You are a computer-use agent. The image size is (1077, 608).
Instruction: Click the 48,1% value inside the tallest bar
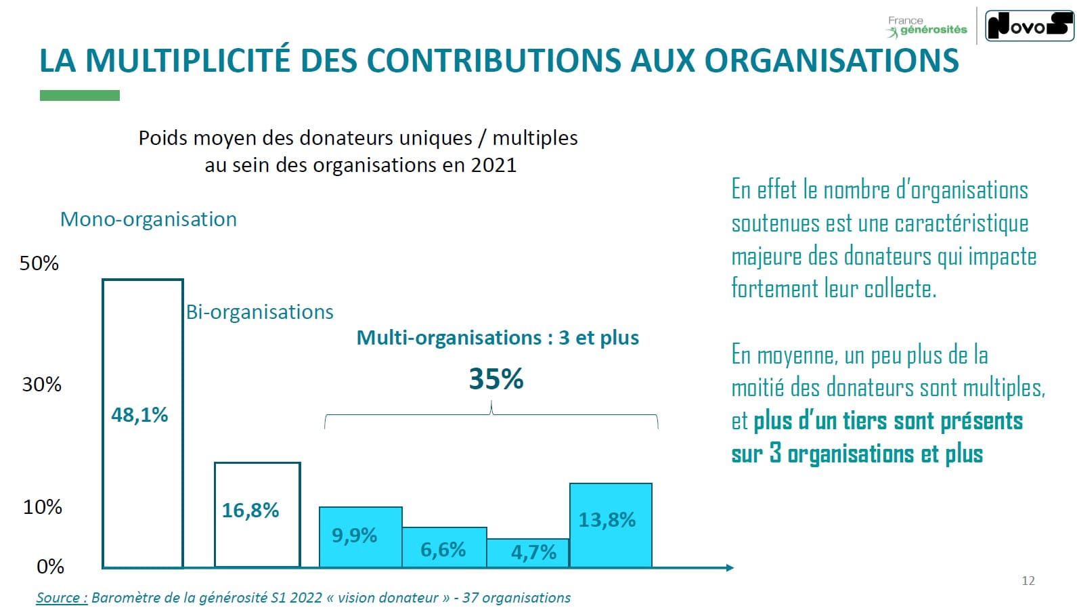139,414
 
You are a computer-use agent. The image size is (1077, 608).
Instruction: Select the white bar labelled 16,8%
257,514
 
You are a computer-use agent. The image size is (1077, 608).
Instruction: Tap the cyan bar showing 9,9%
360,536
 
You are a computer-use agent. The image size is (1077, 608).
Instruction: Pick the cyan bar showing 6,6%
444,547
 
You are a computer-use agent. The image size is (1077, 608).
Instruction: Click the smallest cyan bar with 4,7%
527,552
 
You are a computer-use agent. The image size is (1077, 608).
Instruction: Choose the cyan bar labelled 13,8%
611,525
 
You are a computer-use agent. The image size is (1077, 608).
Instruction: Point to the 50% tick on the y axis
39,263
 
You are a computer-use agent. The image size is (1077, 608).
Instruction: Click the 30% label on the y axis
41,385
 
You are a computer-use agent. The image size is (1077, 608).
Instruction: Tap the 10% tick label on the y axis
42,506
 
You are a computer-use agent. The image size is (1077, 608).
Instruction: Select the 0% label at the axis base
50,566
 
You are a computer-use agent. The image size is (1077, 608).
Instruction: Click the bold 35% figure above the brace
496,379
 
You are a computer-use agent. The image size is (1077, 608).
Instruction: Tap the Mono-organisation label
148,219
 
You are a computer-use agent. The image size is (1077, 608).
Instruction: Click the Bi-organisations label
260,312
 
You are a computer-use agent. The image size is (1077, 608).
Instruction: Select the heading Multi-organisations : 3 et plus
498,338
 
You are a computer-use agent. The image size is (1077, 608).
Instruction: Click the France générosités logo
927,26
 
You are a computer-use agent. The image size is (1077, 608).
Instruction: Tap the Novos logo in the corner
1029,26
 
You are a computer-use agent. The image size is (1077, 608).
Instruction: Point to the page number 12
1028,581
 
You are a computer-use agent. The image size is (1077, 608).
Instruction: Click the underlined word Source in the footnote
62,598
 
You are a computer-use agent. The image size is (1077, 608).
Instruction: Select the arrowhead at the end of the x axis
730,567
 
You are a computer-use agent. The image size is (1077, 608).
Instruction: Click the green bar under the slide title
80,95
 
